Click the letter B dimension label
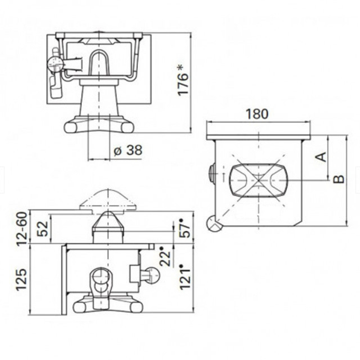coord(338,179)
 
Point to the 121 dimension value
coord(182,275)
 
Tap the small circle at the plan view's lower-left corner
coord(214,224)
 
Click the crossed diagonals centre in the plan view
coord(257,179)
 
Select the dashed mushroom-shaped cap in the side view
coord(108,201)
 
